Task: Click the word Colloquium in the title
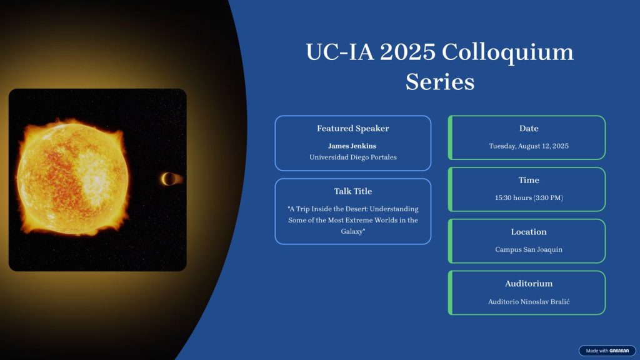507,53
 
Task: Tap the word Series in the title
440,82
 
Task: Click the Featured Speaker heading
353,128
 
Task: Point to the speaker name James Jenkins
352,146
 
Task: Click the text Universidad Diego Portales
353,157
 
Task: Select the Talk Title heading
353,191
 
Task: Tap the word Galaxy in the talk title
352,231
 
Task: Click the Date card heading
529,128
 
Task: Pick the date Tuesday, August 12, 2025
529,146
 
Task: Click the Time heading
529,180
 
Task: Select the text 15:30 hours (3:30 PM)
529,198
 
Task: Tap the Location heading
529,232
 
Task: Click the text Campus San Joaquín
529,249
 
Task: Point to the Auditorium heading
529,283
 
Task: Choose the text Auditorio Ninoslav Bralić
529,302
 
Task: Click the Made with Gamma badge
607,351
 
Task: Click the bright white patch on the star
96,179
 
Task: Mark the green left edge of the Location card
450,241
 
